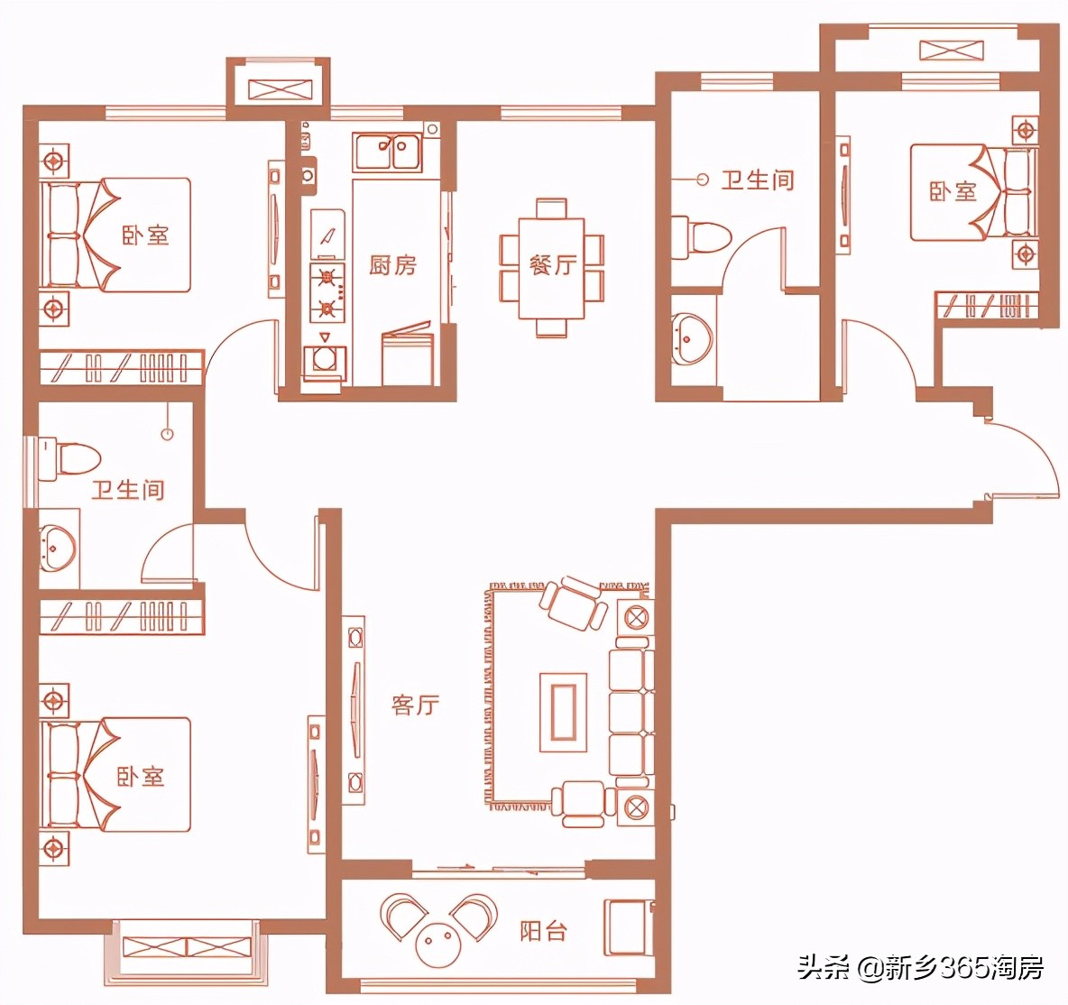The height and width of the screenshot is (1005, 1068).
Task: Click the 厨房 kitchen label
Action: tap(392, 265)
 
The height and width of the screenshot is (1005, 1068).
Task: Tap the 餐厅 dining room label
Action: tap(552, 264)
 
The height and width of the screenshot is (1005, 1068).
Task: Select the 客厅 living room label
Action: tap(416, 705)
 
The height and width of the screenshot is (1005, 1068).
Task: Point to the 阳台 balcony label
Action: tap(543, 931)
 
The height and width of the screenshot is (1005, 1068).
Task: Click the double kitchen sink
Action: tap(387, 152)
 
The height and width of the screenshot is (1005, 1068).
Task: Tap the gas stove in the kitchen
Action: tap(327, 292)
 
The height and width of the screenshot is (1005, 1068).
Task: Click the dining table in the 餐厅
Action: tap(552, 269)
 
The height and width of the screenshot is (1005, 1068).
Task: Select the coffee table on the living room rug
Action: tap(563, 712)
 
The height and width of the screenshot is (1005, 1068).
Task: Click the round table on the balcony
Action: tap(439, 944)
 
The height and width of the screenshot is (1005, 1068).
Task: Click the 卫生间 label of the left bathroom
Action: tap(128, 490)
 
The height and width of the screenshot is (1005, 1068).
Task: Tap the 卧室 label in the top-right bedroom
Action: tap(953, 191)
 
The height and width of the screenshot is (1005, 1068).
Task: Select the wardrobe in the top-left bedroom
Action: tap(121, 368)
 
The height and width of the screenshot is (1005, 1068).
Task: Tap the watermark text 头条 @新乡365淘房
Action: tap(921, 967)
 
